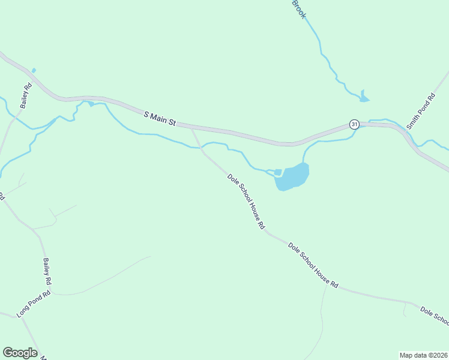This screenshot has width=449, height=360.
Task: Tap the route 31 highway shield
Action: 355,124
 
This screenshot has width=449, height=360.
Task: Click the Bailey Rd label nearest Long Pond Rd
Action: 47,271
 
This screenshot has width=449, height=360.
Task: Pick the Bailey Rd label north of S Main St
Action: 25,95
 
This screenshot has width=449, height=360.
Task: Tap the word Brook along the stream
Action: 298,9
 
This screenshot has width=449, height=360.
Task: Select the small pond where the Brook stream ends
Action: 364,97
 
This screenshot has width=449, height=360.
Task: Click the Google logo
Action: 20,353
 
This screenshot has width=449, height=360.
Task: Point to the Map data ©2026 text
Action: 423,355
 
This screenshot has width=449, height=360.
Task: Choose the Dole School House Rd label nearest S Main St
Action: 246,202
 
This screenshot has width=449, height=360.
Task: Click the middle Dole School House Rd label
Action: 313,265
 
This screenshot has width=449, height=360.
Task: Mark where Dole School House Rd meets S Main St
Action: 191,127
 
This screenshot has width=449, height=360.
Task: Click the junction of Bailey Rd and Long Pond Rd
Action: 52,293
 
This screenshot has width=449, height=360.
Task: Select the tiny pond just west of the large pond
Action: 277,173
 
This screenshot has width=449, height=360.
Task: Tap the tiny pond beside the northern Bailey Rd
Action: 33,71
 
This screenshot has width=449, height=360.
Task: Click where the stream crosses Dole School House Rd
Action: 201,146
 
